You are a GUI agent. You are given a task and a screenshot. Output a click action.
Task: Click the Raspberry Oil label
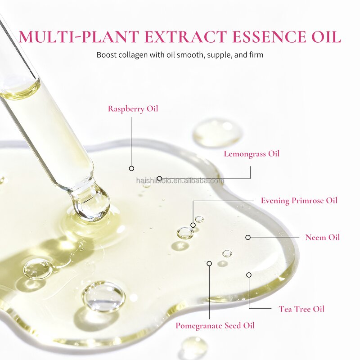[x=133, y=109]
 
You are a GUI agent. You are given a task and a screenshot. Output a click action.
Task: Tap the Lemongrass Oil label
[x=252, y=154]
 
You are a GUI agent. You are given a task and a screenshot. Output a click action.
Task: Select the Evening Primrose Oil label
[x=299, y=201]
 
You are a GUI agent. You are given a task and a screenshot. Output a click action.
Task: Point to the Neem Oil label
[x=322, y=238]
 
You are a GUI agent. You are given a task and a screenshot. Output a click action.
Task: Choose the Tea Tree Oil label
[x=301, y=309]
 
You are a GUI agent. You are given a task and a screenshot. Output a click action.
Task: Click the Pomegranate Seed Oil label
[x=215, y=326]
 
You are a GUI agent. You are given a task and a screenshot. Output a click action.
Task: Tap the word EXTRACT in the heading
[x=186, y=36]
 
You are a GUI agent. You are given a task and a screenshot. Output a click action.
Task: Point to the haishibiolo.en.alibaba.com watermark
[x=180, y=181]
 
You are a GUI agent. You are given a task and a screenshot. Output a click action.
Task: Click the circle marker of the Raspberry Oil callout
[x=131, y=168]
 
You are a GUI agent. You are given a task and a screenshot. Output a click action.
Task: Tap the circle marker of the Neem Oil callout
[x=248, y=238]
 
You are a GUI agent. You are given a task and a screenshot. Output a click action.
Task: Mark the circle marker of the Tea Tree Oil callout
[x=249, y=275]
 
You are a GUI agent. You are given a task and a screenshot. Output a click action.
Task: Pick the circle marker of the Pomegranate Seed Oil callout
[x=209, y=263]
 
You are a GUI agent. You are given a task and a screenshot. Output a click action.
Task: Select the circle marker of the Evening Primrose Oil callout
[x=193, y=225]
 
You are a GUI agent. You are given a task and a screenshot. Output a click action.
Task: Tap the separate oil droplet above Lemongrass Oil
[x=217, y=132]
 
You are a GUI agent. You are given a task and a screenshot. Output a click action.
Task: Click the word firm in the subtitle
[x=256, y=55]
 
